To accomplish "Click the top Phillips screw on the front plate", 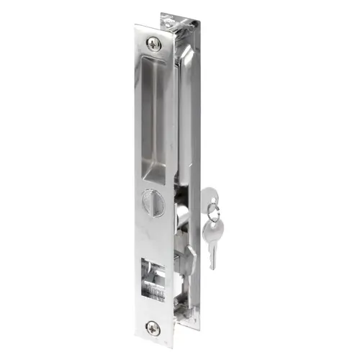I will [x=154, y=43].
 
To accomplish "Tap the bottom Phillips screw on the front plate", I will [x=153, y=327].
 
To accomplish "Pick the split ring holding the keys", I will [x=210, y=210].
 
